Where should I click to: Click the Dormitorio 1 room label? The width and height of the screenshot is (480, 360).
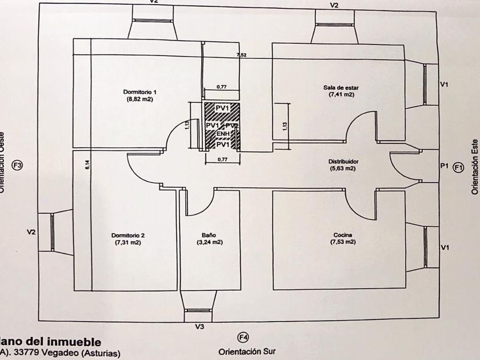point(139,91)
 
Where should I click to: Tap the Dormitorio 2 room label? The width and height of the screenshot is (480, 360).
point(128,235)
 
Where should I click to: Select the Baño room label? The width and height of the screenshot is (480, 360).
point(209,235)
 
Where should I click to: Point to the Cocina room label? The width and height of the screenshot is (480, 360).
point(343,235)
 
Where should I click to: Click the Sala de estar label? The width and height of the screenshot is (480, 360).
point(341,87)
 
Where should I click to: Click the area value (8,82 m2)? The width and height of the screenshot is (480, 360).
point(140,99)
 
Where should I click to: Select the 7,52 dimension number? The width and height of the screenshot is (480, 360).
point(242,55)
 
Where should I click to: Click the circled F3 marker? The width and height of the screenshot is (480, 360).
point(18,166)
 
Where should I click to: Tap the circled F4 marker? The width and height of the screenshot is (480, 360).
point(243,337)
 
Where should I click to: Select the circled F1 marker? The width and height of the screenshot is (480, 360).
point(458,167)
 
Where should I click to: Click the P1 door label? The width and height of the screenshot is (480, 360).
point(444,166)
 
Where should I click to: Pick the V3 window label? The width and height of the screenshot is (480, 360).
point(199,327)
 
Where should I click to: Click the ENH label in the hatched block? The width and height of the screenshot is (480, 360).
point(222,134)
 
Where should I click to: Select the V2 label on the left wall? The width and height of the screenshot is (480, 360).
point(31,232)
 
